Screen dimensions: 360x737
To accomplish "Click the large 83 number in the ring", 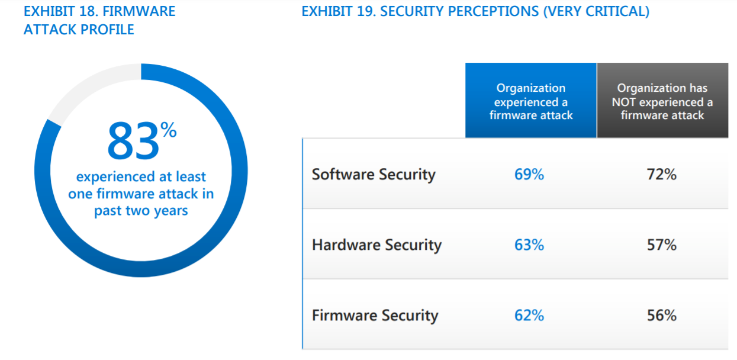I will click(132, 143).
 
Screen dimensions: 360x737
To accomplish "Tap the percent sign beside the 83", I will click(169, 131).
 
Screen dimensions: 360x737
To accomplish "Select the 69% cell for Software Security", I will click(529, 175).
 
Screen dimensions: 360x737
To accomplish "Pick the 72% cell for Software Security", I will click(661, 175).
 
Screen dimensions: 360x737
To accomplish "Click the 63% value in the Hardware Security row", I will click(529, 245).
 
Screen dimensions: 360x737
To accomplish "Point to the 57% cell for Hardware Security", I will click(661, 245).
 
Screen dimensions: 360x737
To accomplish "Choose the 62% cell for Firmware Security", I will click(529, 316).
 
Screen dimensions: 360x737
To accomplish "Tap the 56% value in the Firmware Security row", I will click(661, 316).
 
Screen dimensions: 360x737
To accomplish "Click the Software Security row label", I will click(374, 175).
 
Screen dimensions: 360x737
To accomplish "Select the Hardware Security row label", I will click(376, 245).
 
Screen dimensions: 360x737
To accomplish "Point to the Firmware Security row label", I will click(375, 316).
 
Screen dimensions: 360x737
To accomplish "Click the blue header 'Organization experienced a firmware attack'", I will click(530, 101).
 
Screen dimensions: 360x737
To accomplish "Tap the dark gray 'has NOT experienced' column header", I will click(662, 101).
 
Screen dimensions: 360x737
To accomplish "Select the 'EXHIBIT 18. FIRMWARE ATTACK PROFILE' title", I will click(99, 20).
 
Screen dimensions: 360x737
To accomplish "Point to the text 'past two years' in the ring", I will click(141, 211).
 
